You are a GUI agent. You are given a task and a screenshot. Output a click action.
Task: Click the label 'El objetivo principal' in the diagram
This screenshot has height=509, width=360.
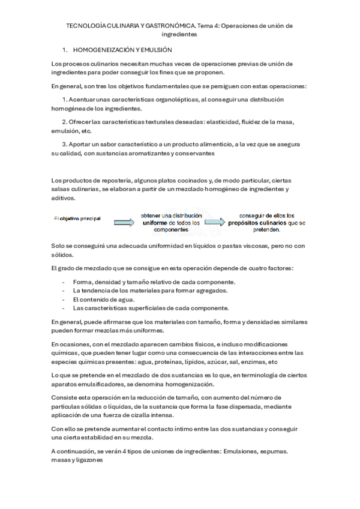click(x=77, y=218)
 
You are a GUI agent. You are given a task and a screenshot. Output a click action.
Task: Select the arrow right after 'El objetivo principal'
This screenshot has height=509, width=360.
click(x=124, y=222)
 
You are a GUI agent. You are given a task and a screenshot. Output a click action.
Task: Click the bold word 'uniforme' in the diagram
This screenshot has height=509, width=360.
click(x=151, y=222)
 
